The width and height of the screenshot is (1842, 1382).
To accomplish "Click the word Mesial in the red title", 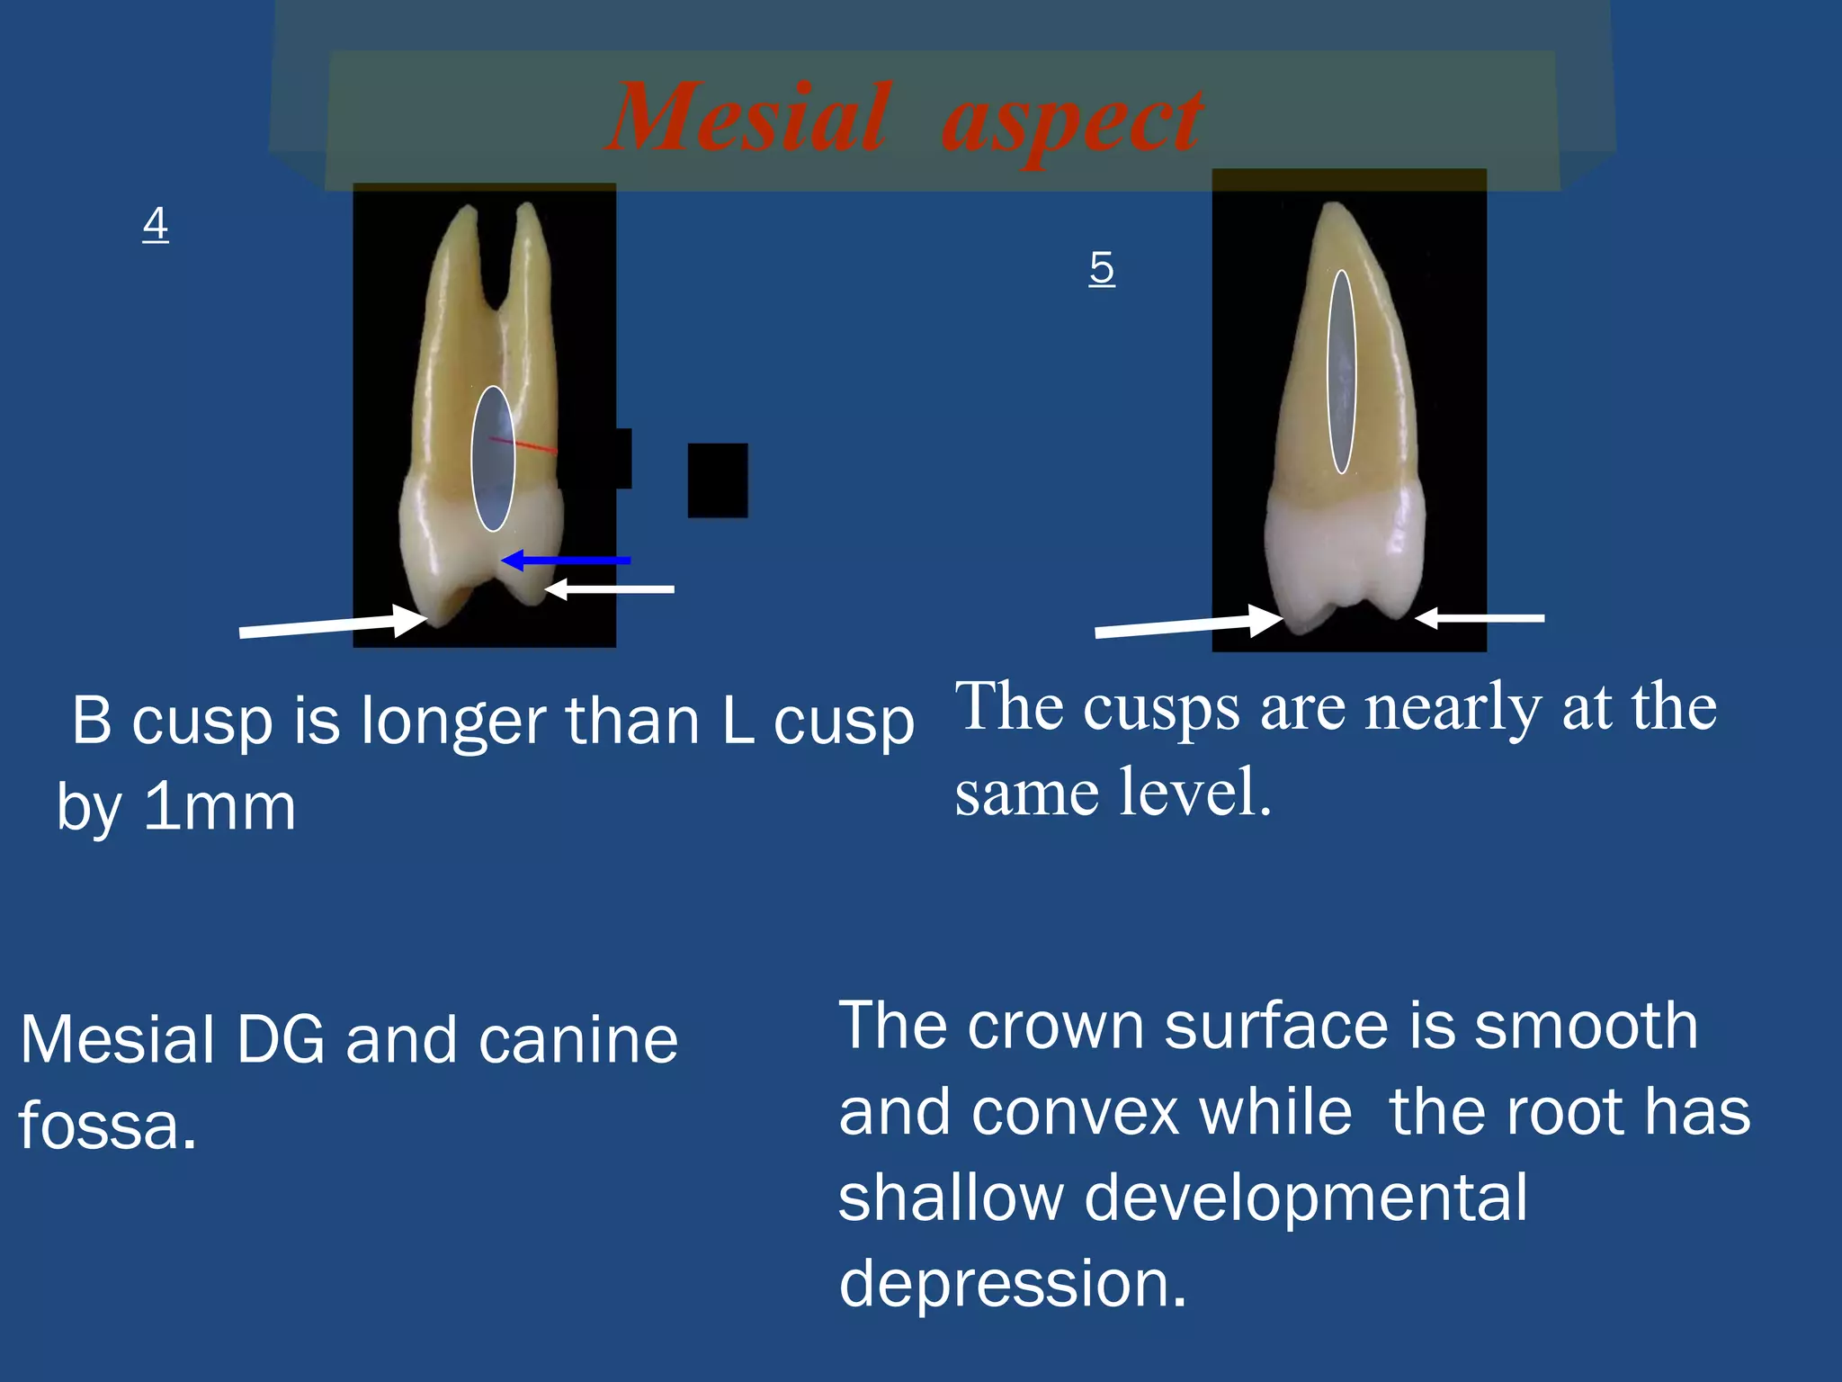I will coord(749,117).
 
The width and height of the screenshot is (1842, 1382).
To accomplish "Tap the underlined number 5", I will coord(1101,267).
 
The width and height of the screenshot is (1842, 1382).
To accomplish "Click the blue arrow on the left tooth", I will coord(567,561).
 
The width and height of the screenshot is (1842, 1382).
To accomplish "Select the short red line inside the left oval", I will coord(523,444).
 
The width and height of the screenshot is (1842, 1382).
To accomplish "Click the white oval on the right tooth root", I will coord(1341,372).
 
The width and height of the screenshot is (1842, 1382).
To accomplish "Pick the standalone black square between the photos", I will coord(717,480).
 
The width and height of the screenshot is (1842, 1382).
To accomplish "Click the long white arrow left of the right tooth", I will coord(1187,624).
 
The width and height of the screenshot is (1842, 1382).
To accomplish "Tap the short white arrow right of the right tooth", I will coord(1480,618).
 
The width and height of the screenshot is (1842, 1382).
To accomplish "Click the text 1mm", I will coord(220,806).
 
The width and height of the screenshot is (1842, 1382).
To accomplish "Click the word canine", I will coord(577,1040).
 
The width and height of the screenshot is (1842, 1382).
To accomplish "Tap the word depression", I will coord(1012,1283).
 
